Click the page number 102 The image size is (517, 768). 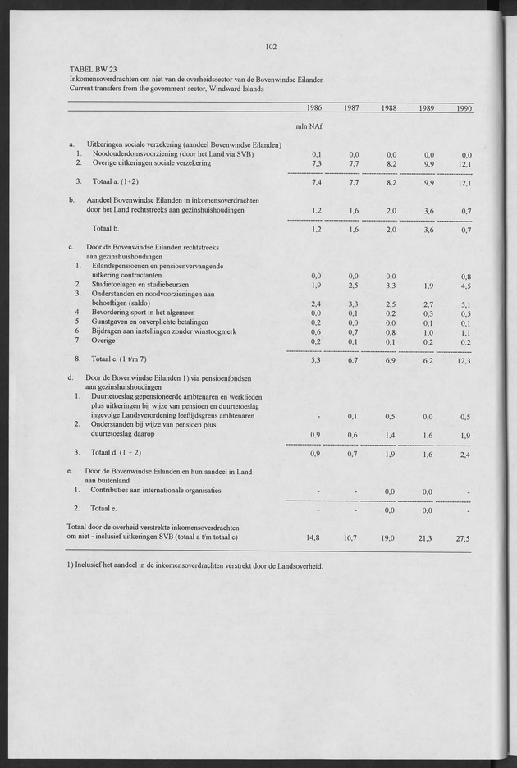point(271,47)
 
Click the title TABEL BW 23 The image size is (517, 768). point(94,70)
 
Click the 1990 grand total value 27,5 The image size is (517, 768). point(465,538)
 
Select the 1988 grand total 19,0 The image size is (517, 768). point(388,538)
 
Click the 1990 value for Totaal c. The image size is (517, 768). point(465,359)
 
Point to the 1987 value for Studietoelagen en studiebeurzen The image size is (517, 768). point(354,286)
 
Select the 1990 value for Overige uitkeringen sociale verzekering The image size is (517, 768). point(465,163)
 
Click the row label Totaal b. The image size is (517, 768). point(107,228)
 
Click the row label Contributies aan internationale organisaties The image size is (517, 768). point(156,491)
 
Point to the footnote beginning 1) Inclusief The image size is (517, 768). point(195,566)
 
